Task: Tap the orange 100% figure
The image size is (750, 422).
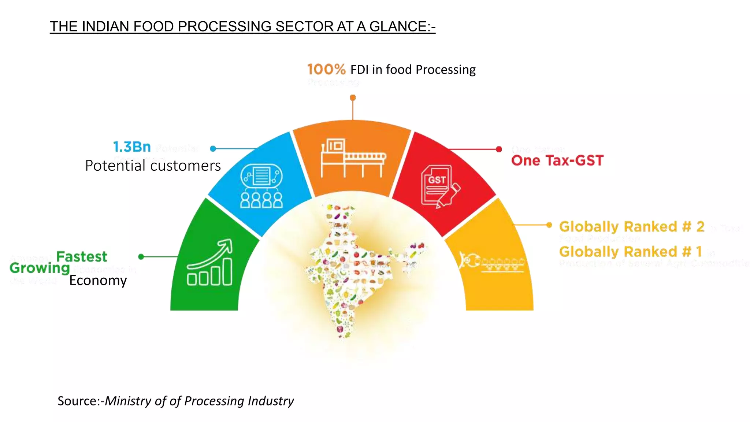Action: (x=326, y=69)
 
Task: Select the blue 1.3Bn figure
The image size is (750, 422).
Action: (x=132, y=147)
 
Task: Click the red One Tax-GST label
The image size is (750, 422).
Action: (x=557, y=160)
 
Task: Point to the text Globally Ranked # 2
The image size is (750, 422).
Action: (x=632, y=227)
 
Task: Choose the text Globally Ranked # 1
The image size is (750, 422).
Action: (x=630, y=252)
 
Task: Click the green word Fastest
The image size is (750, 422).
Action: (x=82, y=256)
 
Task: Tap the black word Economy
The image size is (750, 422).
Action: (x=98, y=280)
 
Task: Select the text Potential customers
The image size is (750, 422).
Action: (x=153, y=166)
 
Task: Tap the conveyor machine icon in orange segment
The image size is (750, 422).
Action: (x=353, y=158)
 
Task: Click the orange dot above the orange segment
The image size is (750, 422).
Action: (x=353, y=98)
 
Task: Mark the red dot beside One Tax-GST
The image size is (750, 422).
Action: (x=499, y=149)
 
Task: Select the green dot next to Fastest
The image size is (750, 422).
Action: (x=141, y=257)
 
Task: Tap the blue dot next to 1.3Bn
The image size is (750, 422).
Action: (x=213, y=148)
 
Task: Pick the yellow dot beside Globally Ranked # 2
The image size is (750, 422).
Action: (x=549, y=225)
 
